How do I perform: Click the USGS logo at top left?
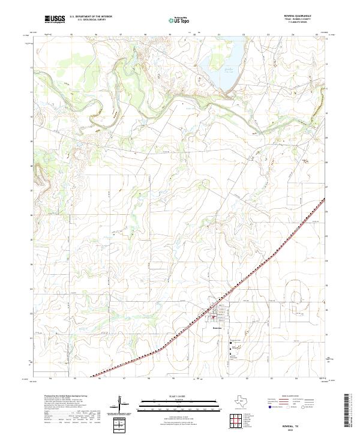(55, 19)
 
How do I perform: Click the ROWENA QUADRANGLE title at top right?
(301, 16)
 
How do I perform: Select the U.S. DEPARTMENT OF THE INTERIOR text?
(91, 17)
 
